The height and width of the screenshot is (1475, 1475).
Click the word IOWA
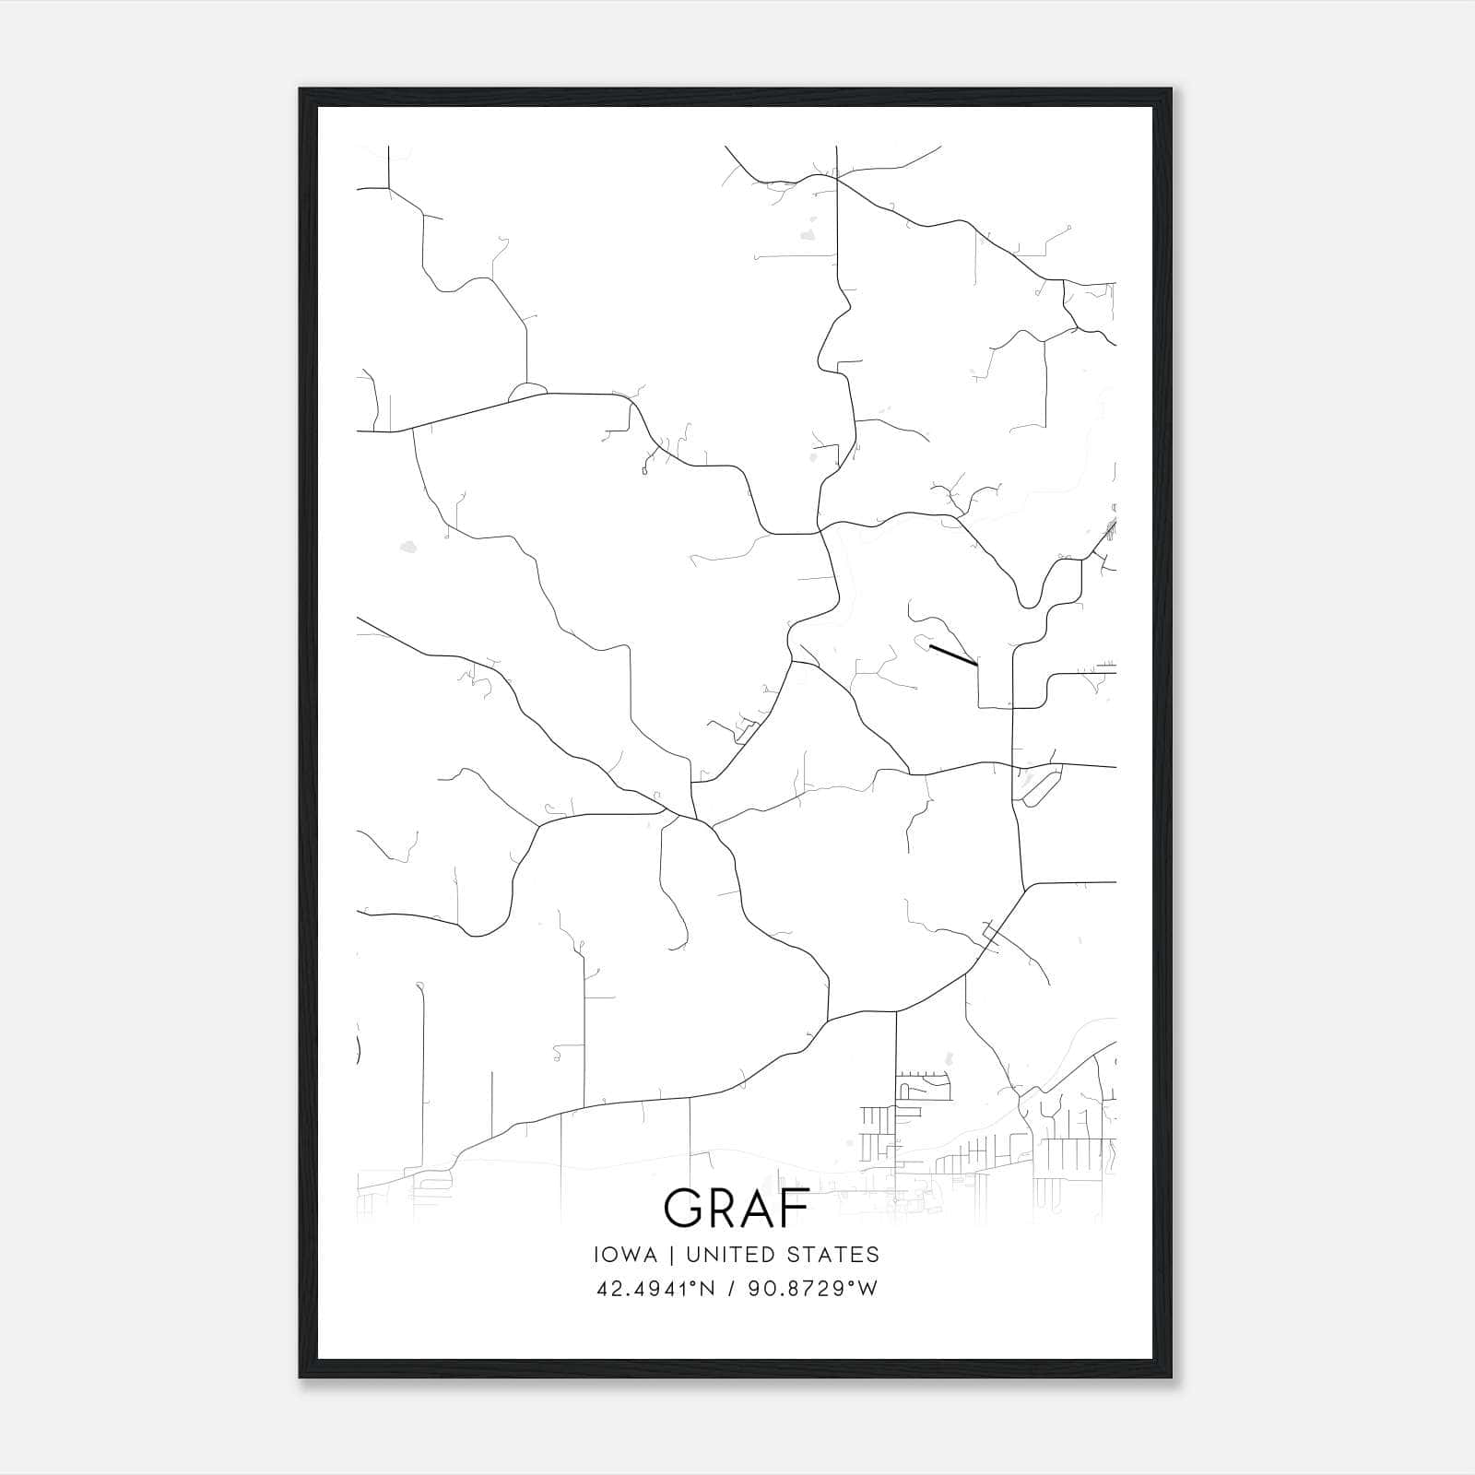pos(626,1255)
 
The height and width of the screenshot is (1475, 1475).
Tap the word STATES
pos(840,1255)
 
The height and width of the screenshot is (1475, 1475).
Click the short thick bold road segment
pos(953,655)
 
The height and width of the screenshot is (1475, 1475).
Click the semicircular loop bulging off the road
pos(526,391)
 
